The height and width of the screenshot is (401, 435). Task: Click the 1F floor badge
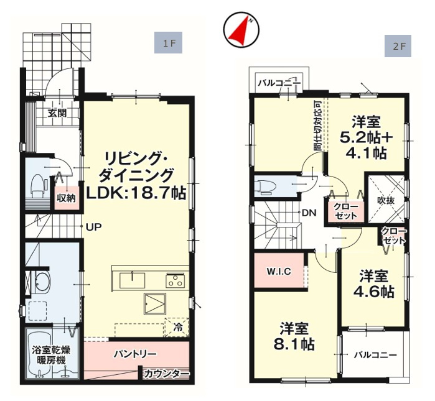[168, 43]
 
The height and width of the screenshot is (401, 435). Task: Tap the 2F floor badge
[398, 46]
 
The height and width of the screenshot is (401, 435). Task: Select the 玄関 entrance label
[58, 114]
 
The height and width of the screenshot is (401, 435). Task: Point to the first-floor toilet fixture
[38, 184]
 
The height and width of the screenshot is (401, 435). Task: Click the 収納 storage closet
[67, 198]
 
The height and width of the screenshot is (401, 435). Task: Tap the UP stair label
[93, 228]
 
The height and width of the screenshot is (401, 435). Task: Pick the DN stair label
[309, 213]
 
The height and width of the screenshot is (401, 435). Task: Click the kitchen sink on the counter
[132, 280]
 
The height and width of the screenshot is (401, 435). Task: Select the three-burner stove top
[175, 280]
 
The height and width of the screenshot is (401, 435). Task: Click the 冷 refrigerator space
[177, 327]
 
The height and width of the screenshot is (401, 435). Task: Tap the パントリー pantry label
[136, 354]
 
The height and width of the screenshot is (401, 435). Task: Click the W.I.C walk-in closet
[279, 271]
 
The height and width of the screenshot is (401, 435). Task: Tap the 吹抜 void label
[386, 200]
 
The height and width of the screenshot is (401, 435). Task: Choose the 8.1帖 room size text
[294, 345]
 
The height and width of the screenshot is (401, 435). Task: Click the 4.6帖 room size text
[373, 291]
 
